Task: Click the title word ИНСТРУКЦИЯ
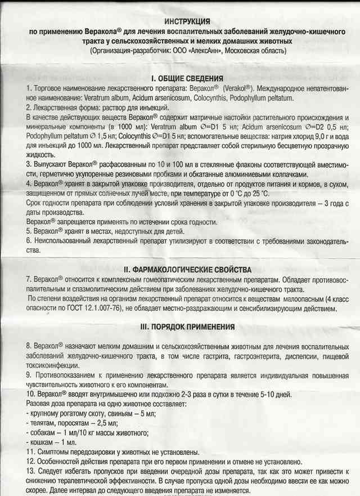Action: [179, 20]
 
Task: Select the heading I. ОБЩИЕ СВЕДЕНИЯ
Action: [179, 78]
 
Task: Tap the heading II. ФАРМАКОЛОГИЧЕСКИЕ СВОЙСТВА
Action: [179, 270]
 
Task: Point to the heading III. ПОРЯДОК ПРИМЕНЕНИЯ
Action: [179, 327]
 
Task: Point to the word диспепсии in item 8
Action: [310, 357]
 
